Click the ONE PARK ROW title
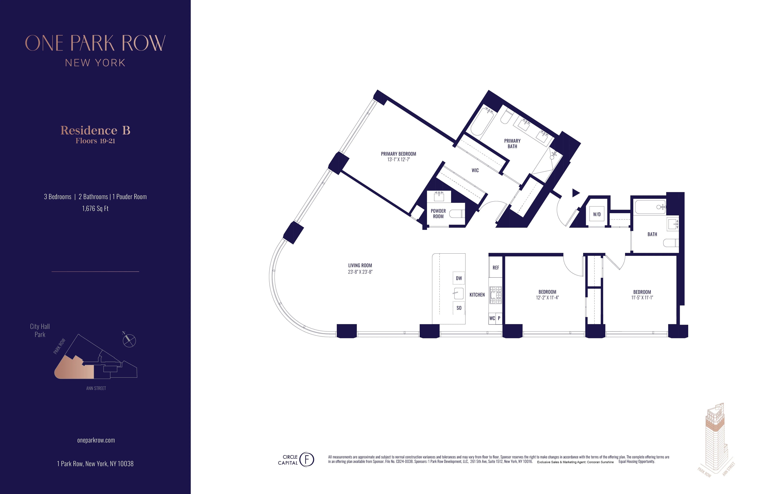click(x=95, y=43)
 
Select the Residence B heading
click(x=95, y=130)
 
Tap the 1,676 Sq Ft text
click(x=95, y=209)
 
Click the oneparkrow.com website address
click(x=96, y=440)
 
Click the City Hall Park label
click(x=40, y=330)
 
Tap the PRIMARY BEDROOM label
click(x=399, y=154)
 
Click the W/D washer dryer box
click(x=597, y=214)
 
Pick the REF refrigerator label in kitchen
click(x=496, y=268)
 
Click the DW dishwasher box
click(x=459, y=278)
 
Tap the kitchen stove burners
click(x=495, y=295)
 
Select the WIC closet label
click(x=475, y=170)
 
